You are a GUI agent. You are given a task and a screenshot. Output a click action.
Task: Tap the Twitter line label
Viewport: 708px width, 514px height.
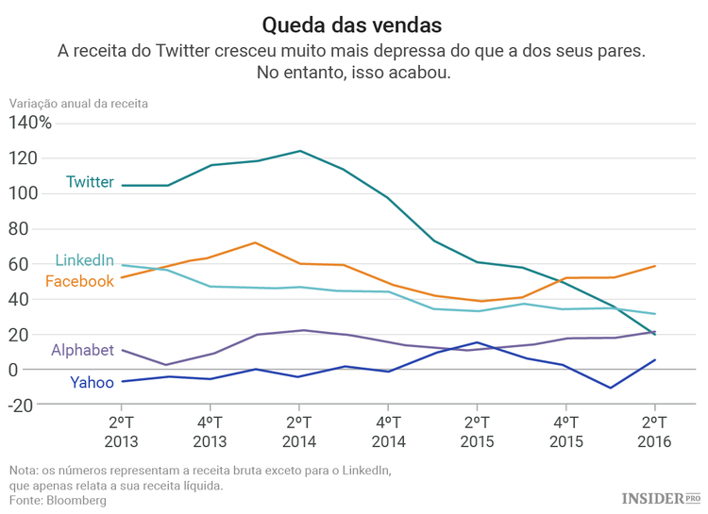(90, 182)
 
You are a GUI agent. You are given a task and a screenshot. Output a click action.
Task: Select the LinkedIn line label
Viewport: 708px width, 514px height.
(84, 260)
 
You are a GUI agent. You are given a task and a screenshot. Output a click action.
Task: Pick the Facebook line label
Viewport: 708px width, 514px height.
(79, 281)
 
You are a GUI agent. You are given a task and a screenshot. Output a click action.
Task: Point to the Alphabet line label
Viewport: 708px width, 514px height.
(82, 351)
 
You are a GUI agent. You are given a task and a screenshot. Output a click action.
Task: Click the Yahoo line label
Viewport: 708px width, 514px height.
(92, 382)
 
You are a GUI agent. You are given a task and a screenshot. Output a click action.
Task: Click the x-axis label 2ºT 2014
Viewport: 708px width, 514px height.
(299, 431)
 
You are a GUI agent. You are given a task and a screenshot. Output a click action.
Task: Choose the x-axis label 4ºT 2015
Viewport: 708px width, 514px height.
(565, 431)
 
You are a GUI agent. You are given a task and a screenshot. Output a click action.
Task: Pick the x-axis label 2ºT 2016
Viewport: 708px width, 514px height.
(654, 431)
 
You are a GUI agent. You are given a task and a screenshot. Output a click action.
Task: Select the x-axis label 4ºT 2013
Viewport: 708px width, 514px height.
(211, 431)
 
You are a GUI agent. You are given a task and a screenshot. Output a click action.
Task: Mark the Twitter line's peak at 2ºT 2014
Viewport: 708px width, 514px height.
(299, 151)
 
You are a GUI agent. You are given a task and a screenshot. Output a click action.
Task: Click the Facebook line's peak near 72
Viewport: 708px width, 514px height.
(255, 242)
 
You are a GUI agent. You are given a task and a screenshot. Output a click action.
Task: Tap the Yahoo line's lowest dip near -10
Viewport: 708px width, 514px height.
(610, 388)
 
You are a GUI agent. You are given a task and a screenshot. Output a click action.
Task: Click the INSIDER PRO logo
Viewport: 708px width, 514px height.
(660, 497)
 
